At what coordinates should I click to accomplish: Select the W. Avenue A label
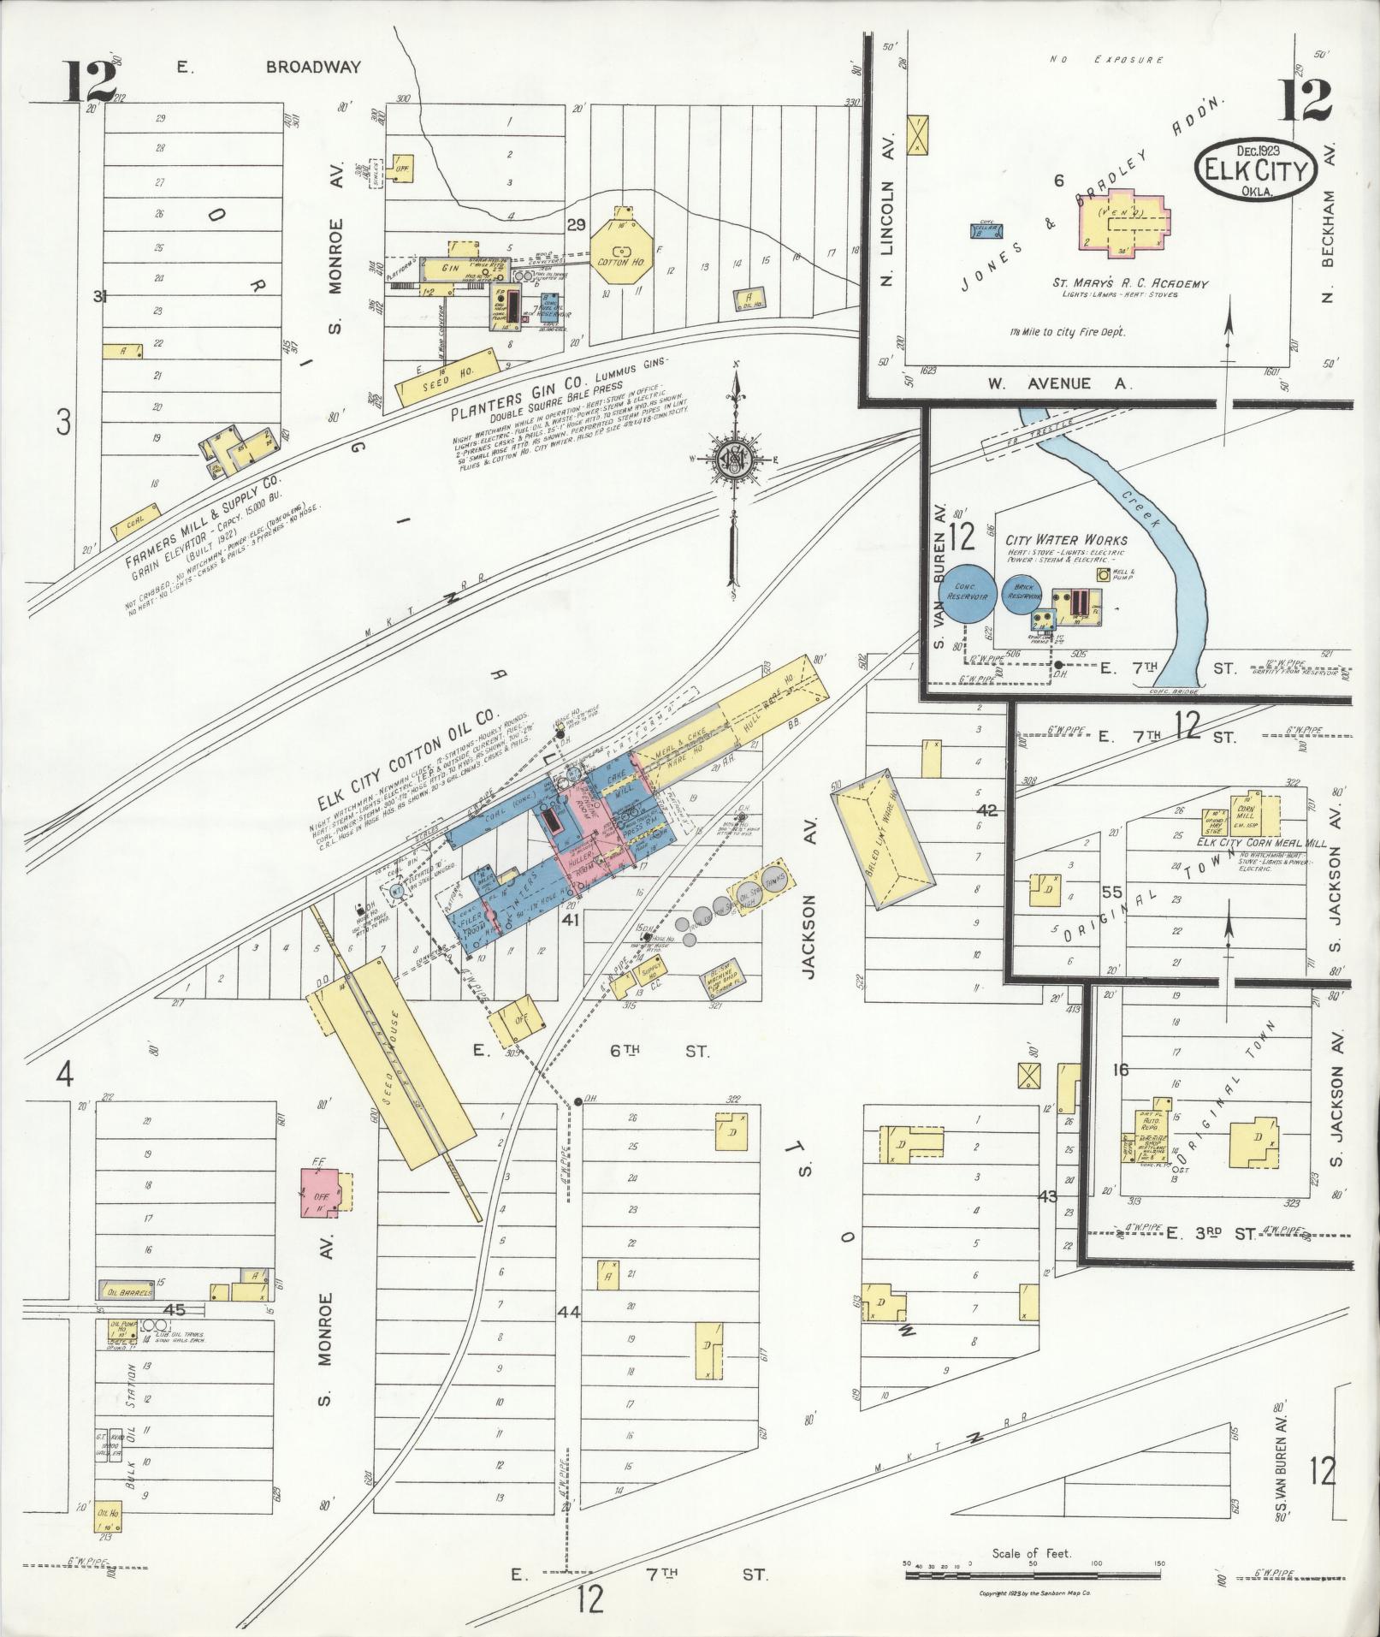[x=1059, y=384]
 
